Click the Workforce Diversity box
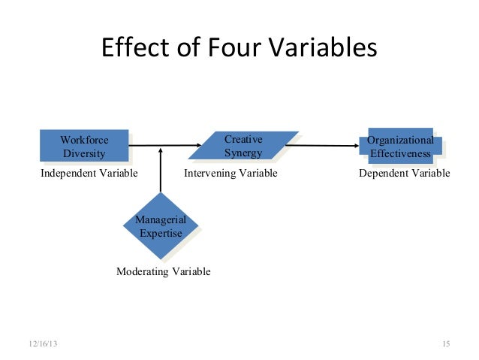[x=84, y=147]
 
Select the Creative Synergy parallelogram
[x=243, y=147]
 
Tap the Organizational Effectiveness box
[x=400, y=147]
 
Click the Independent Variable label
[x=89, y=174]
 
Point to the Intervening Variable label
[x=230, y=174]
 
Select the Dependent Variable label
[x=405, y=174]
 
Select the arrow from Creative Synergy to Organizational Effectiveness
[x=323, y=146]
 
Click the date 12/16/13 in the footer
[x=42, y=343]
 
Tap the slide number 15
[x=445, y=343]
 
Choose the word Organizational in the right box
[x=400, y=141]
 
